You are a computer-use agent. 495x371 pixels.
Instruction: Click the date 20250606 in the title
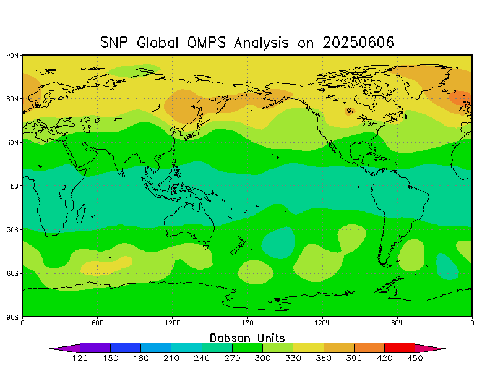pos(358,42)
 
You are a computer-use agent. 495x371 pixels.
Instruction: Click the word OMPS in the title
pos(207,42)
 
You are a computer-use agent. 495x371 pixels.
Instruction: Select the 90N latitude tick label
pos(12,56)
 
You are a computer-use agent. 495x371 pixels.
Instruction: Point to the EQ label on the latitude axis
pos(14,186)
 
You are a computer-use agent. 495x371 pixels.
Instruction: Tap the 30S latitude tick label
pos(12,229)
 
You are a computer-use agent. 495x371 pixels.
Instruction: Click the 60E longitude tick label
pos(97,323)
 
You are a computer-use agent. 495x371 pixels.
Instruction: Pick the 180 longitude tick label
pos(247,323)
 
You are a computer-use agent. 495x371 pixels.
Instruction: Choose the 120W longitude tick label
pos(322,323)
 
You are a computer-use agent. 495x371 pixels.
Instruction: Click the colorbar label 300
pos(262,359)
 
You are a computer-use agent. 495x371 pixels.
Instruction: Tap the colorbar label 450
pos(415,359)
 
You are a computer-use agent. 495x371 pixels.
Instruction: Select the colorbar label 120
pos(80,359)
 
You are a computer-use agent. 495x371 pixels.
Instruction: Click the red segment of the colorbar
pos(400,348)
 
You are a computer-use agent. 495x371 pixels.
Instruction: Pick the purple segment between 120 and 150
pos(95,348)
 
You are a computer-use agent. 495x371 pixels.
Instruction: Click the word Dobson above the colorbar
pos(230,338)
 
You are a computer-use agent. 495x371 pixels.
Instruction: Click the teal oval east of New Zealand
pos(278,243)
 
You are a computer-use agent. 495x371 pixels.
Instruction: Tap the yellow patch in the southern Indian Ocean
pos(106,266)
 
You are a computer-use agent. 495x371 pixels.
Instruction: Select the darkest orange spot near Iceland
pos(460,98)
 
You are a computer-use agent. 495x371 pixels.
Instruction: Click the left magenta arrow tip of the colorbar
pos(51,349)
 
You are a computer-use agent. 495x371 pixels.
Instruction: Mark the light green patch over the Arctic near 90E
pos(134,70)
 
